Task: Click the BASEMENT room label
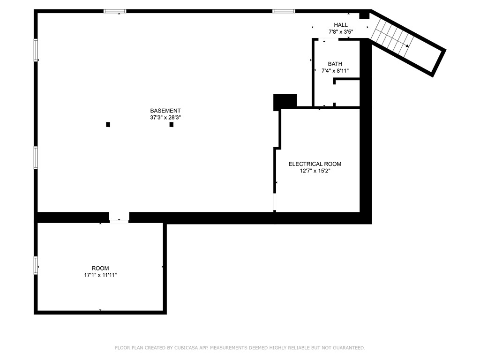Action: point(165,111)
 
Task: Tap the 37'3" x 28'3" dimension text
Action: point(165,118)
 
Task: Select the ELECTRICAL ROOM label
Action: point(315,164)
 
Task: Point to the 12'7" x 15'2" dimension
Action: point(315,171)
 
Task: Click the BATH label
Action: point(335,64)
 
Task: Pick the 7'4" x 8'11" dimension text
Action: point(335,71)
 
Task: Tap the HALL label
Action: point(341,25)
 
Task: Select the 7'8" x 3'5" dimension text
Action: point(341,32)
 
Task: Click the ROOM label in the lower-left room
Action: point(100,269)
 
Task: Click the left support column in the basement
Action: point(108,124)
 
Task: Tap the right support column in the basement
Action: point(172,124)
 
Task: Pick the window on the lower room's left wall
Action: point(36,265)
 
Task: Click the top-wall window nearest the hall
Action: point(284,11)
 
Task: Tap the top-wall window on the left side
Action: point(115,11)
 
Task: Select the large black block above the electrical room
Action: point(285,101)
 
